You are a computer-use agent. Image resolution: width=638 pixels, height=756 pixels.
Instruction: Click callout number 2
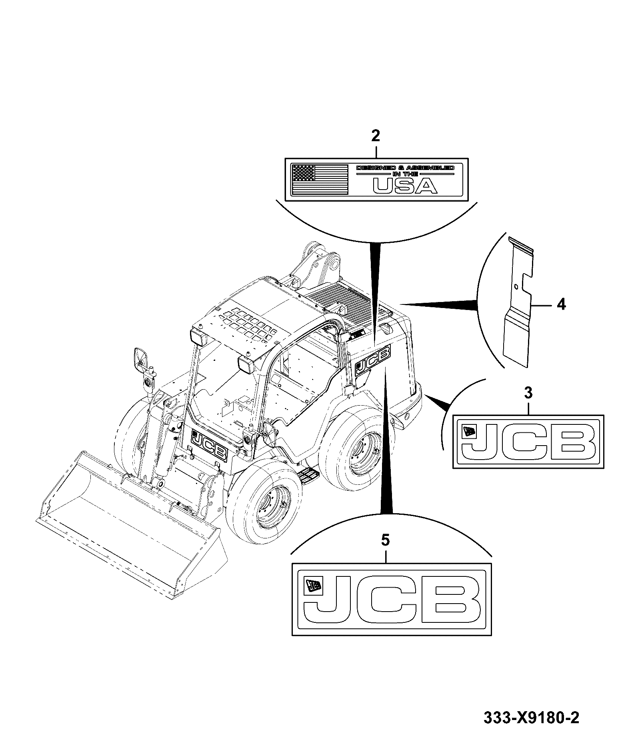375,136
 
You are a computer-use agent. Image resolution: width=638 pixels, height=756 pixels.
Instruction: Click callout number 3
528,393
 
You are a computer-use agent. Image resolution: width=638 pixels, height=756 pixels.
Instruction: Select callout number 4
561,305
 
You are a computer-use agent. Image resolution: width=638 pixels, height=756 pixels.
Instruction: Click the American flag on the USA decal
320,179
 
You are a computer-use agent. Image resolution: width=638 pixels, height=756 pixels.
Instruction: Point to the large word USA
404,186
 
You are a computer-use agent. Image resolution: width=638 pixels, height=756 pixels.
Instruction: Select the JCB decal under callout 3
528,442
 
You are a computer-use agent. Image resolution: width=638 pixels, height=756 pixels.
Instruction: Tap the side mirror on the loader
141,360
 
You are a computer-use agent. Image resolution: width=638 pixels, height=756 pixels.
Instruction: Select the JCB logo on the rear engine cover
372,359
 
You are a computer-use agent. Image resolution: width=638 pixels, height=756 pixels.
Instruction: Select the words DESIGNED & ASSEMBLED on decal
405,168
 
